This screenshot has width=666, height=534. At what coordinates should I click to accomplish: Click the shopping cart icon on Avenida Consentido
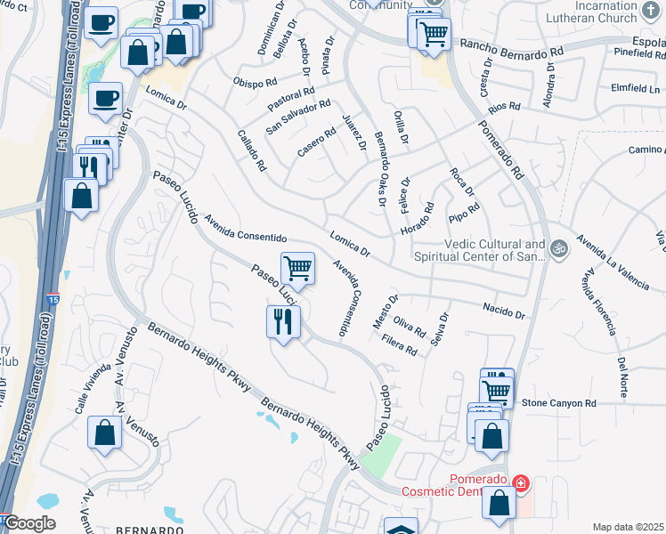pos(297,267)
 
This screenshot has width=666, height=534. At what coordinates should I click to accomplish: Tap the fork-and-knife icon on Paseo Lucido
pos(283,321)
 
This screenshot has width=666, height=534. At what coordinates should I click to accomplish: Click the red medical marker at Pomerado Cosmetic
pos(520,485)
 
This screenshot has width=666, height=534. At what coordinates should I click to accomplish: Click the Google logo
pos(28,523)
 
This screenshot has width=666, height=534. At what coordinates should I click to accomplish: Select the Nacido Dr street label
pos(504,311)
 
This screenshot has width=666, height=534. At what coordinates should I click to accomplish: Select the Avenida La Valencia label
pos(613,263)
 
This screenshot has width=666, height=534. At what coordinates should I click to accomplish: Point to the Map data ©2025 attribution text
pos(629,527)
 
